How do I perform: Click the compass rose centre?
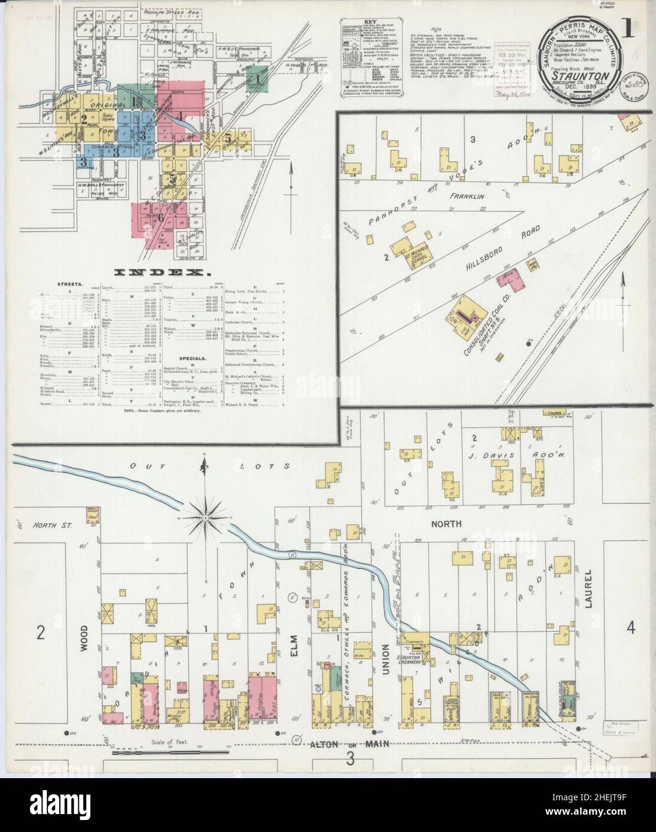(205, 517)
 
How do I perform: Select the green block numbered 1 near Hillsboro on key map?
(257, 78)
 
